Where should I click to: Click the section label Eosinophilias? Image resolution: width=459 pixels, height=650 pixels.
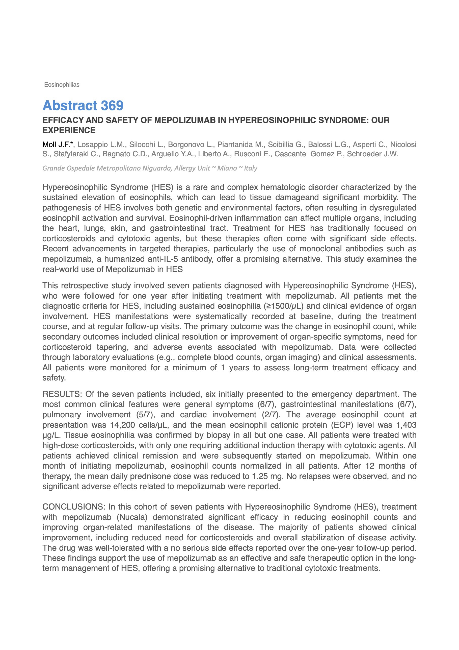pos(62,85)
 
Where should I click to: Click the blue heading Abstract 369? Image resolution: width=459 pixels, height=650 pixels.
pos(83,106)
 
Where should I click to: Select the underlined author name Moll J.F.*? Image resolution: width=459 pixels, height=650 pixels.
pos(58,145)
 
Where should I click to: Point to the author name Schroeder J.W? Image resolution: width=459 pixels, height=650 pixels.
pos(372,154)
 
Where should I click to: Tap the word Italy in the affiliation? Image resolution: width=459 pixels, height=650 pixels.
pos(251,168)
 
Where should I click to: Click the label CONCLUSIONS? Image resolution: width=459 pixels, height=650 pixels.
pos(74,507)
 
